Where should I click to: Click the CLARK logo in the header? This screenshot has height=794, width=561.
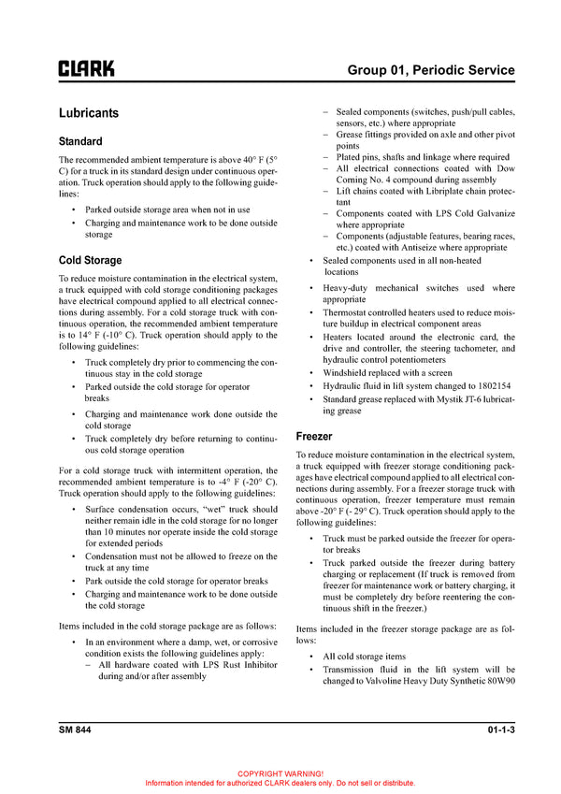coord(87,69)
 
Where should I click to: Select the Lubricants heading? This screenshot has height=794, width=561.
coord(88,113)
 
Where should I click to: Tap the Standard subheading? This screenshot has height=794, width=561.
coord(80,142)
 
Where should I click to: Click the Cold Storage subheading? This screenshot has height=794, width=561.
coord(90,260)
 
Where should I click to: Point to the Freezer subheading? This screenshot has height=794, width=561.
coord(313,436)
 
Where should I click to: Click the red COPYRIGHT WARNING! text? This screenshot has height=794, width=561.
coord(280,773)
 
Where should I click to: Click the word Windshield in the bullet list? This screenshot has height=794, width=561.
coord(349,372)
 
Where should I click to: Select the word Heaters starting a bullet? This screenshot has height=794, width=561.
coord(343,337)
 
